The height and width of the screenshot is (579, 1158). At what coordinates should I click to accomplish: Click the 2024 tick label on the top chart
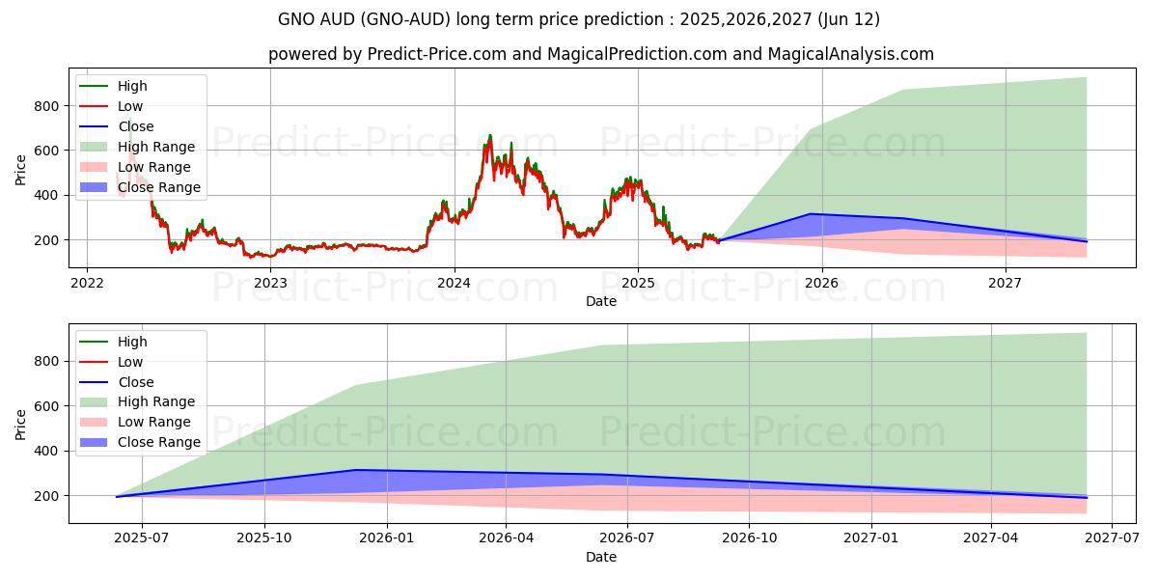pyautogui.click(x=454, y=283)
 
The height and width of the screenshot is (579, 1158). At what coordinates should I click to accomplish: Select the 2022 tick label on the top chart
pyautogui.click(x=87, y=283)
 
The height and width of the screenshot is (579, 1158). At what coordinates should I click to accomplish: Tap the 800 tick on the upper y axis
pyautogui.click(x=46, y=105)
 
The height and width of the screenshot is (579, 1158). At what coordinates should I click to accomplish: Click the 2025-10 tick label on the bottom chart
pyautogui.click(x=263, y=538)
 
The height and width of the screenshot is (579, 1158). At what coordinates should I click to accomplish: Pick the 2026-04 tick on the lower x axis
pyautogui.click(x=507, y=538)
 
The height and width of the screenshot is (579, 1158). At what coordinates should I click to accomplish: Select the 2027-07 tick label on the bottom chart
pyautogui.click(x=1112, y=538)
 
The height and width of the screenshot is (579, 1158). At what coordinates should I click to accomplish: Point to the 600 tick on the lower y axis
pyautogui.click(x=46, y=406)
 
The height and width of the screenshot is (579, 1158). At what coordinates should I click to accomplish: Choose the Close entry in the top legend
pyautogui.click(x=136, y=126)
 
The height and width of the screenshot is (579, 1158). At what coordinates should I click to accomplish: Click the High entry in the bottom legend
pyautogui.click(x=131, y=342)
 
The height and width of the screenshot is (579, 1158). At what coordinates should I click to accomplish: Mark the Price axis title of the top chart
pyautogui.click(x=21, y=169)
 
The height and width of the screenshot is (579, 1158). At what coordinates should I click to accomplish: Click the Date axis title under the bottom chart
pyautogui.click(x=600, y=557)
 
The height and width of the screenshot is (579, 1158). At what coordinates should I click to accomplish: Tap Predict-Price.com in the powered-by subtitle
pyautogui.click(x=436, y=54)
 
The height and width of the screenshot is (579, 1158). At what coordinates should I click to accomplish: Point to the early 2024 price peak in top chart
pyautogui.click(x=489, y=136)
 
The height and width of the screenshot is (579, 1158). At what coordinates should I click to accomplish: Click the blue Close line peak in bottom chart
pyautogui.click(x=355, y=470)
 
